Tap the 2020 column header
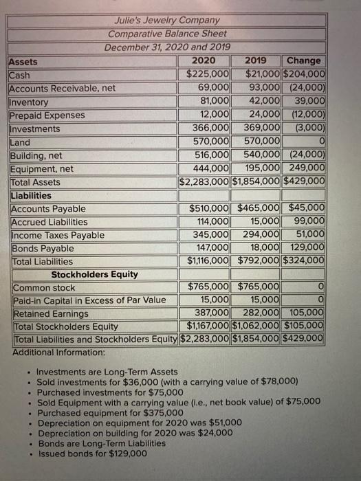click(x=204, y=61)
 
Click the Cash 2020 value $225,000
click(x=208, y=74)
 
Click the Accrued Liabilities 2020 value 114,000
click(x=212, y=222)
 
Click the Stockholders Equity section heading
click(x=95, y=274)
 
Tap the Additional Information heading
click(x=59, y=352)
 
